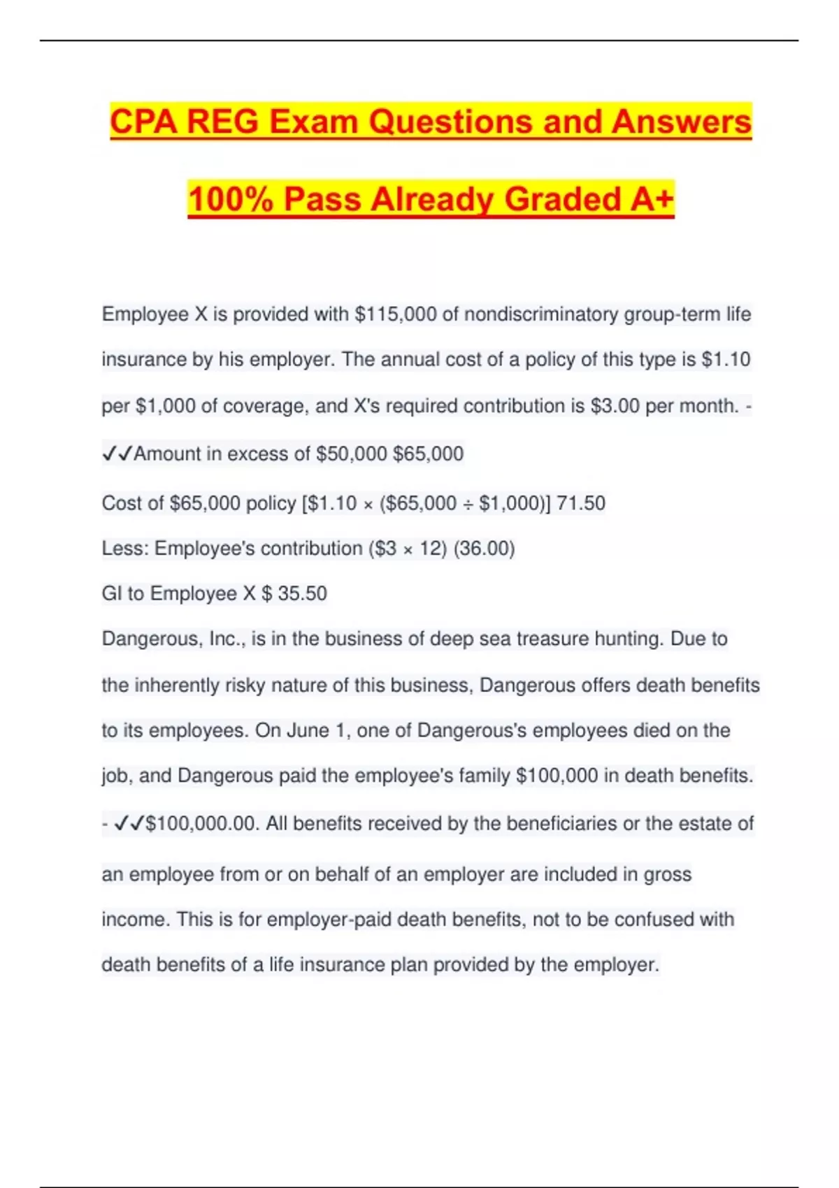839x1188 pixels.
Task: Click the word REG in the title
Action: click(223, 122)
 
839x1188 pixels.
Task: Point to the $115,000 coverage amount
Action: click(396, 314)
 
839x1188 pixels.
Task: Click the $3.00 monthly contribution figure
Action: click(615, 406)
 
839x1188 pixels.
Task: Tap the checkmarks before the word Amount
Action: click(117, 454)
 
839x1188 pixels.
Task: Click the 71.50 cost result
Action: click(581, 503)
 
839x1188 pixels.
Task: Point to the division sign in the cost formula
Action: click(468, 504)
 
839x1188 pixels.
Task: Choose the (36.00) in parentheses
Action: click(484, 549)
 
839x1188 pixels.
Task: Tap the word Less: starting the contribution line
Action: click(125, 549)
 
